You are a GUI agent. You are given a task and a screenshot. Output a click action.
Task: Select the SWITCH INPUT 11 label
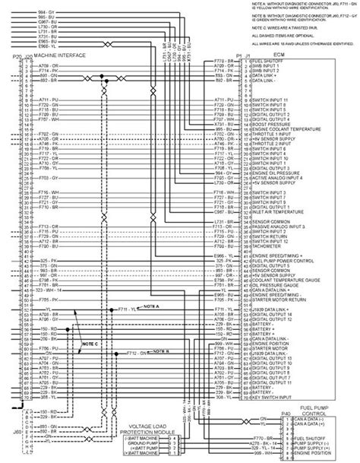click(x=266, y=100)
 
